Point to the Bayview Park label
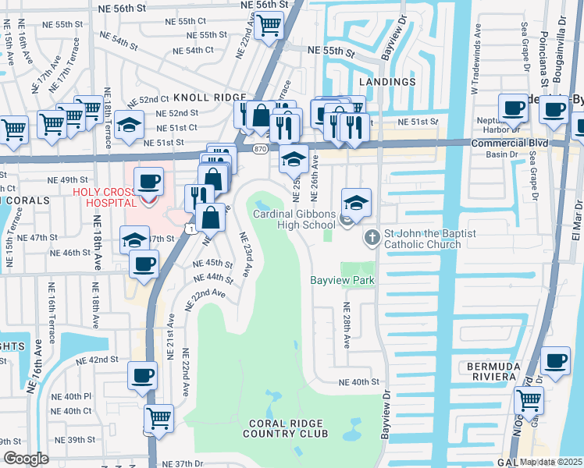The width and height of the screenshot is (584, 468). pos(342,280)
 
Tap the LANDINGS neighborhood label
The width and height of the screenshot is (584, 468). pos(386,82)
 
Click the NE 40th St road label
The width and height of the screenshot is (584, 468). pos(358,382)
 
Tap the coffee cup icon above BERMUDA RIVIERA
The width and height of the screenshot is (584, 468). pos(555,361)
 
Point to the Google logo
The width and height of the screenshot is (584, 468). pos(25,459)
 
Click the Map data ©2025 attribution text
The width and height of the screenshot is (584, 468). pos(551,462)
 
